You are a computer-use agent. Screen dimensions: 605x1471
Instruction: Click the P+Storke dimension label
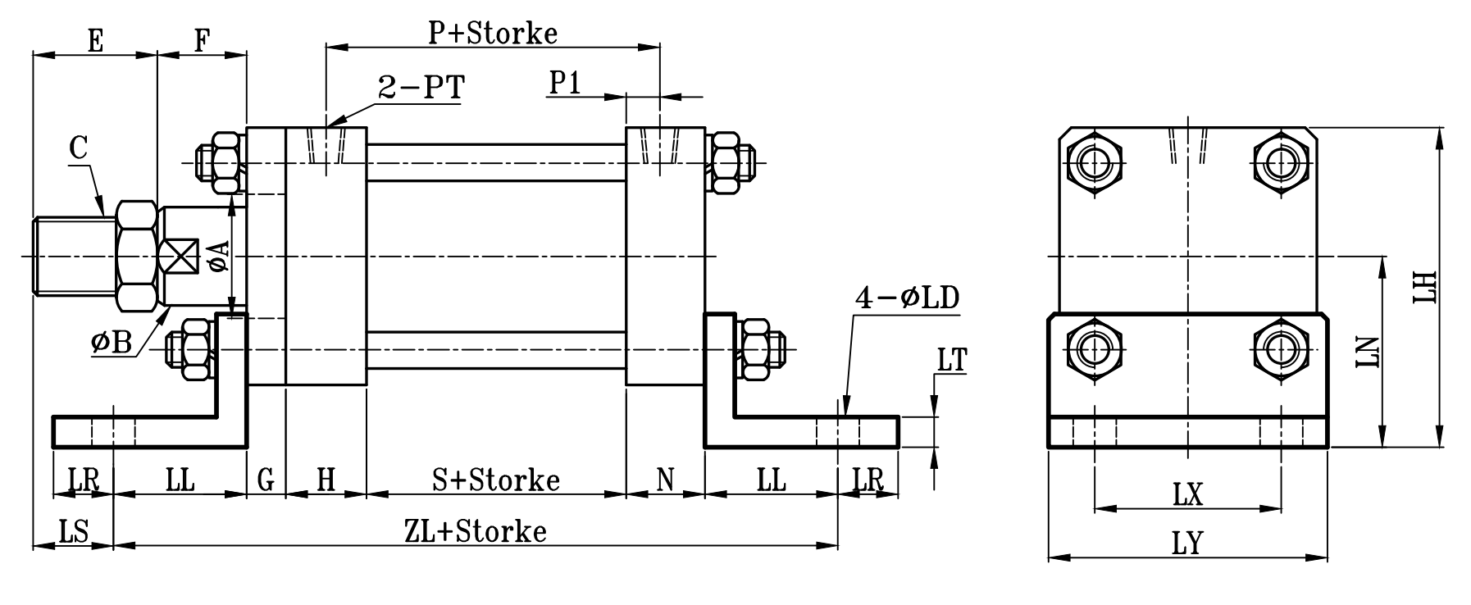click(x=493, y=34)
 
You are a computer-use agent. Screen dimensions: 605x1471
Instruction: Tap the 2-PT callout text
click(x=421, y=86)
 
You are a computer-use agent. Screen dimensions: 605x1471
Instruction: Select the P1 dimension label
click(x=565, y=83)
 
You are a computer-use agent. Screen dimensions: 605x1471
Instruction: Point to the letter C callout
click(x=78, y=148)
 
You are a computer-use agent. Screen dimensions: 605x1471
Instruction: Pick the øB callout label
click(x=112, y=343)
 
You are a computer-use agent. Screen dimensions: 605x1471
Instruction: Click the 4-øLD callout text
click(x=906, y=298)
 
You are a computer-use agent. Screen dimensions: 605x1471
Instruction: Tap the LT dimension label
click(x=952, y=360)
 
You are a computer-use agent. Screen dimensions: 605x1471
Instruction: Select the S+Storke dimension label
click(x=496, y=480)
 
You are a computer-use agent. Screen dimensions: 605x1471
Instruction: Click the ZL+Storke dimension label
click(x=476, y=532)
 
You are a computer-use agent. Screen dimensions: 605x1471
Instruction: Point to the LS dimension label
click(x=74, y=532)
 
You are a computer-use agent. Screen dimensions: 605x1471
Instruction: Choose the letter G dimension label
click(x=266, y=480)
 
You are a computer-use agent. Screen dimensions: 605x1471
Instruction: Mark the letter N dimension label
click(x=665, y=480)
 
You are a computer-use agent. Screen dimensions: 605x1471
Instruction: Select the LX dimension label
click(x=1187, y=494)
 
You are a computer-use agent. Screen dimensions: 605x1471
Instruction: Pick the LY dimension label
click(x=1187, y=544)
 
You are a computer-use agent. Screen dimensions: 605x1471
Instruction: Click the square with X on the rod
click(x=180, y=257)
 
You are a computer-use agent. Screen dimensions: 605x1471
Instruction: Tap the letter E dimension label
click(x=95, y=41)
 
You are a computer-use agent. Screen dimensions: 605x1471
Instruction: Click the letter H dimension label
click(x=326, y=480)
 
